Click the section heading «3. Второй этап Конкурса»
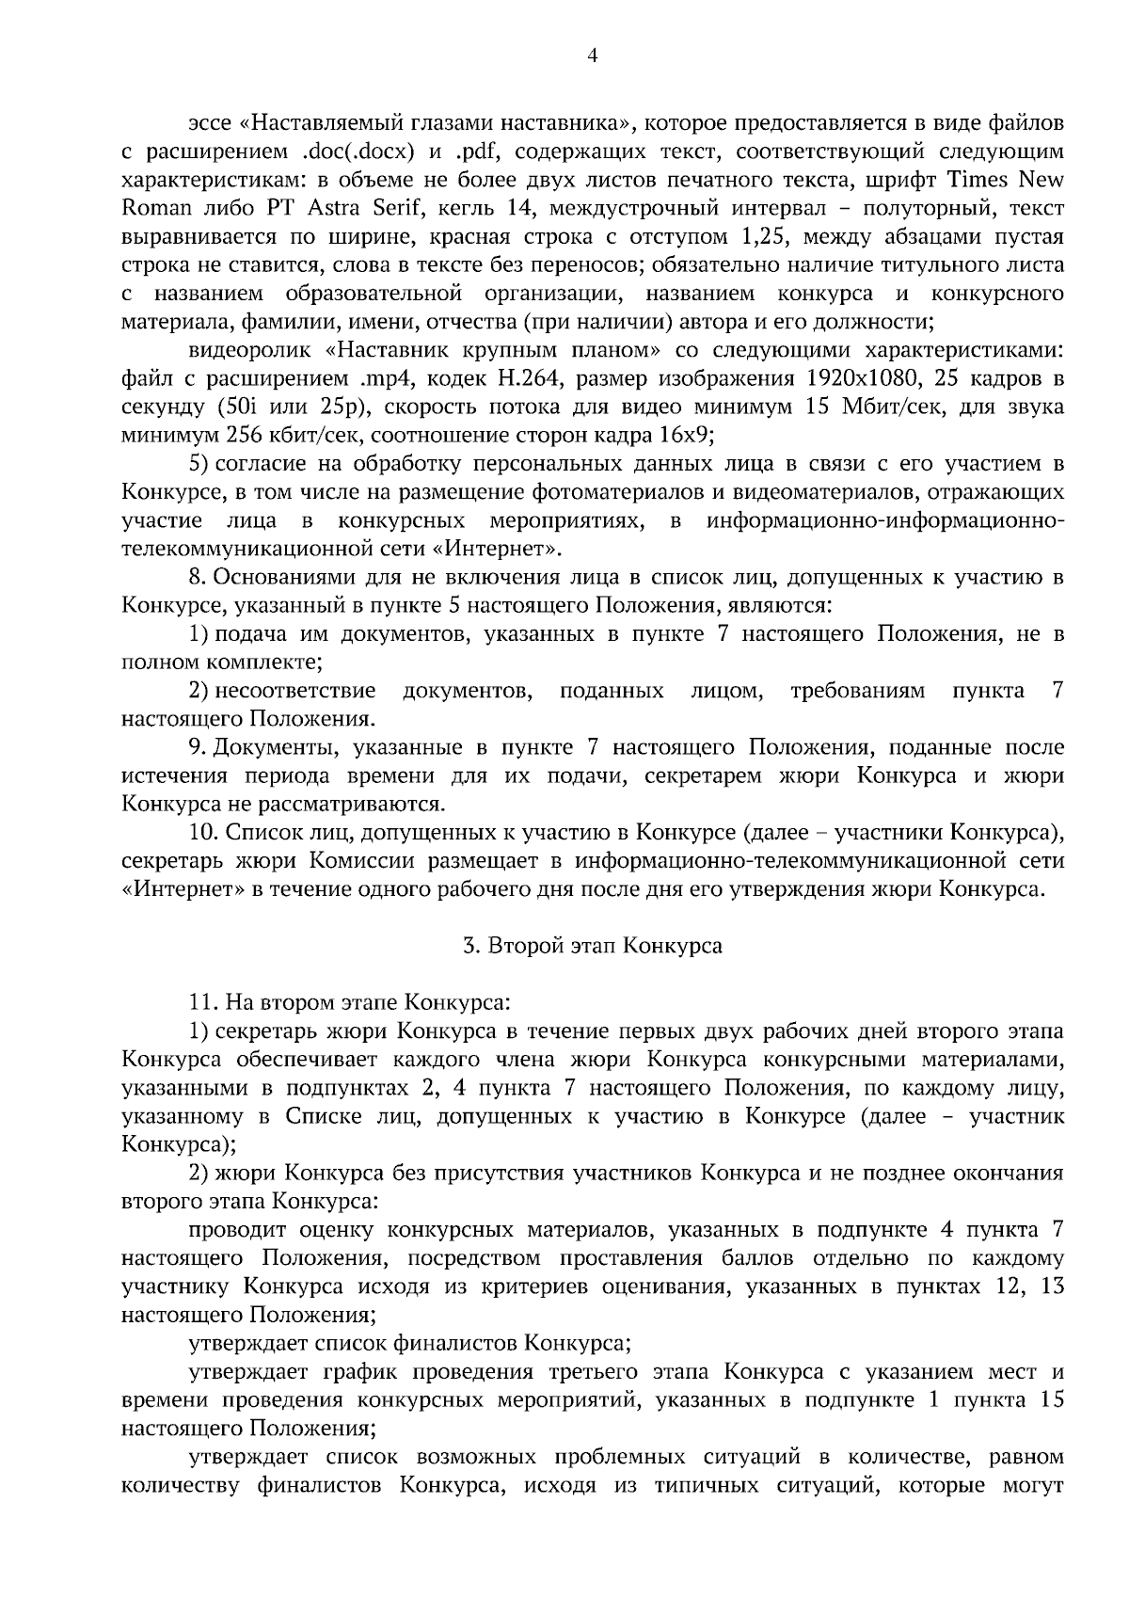pyautogui.click(x=593, y=946)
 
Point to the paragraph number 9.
pyautogui.click(x=197, y=748)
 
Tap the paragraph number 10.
pyautogui.click(x=202, y=833)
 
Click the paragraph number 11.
pyautogui.click(x=202, y=1003)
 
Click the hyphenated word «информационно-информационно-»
pyautogui.click(x=885, y=520)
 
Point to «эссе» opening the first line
pyautogui.click(x=211, y=123)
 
